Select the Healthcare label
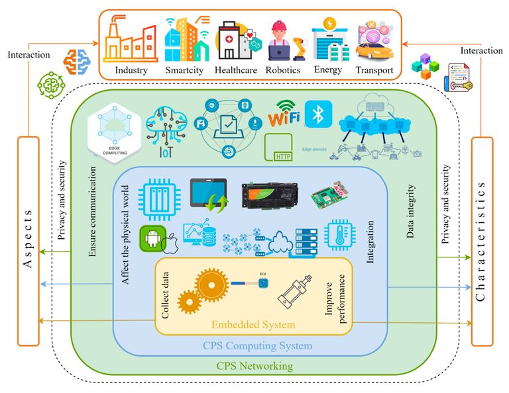coord(237,69)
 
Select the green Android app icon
coord(152,237)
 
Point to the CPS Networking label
coord(254,366)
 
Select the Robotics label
coord(283,69)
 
